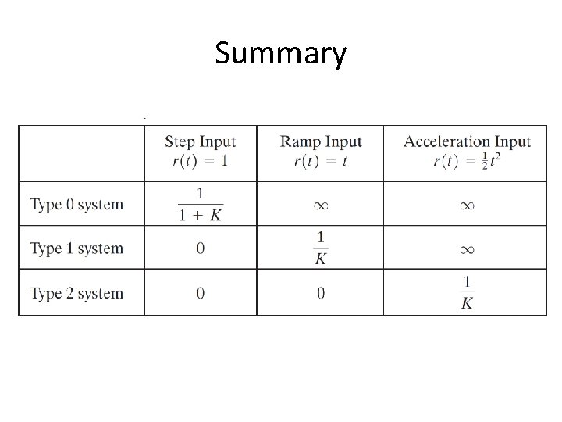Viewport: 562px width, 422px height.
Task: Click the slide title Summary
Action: (280, 55)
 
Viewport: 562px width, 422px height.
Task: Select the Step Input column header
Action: (200, 142)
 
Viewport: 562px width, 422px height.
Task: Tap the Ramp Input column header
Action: (321, 142)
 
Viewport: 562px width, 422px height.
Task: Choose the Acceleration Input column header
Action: (467, 142)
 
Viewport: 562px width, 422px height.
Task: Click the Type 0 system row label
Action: (76, 205)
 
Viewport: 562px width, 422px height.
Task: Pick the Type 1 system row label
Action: (76, 249)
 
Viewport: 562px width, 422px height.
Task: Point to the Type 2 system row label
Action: (76, 294)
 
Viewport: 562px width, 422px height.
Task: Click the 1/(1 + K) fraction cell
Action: (200, 204)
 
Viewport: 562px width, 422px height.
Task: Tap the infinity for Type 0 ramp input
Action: (321, 206)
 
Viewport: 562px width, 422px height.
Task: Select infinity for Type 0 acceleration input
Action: (467, 206)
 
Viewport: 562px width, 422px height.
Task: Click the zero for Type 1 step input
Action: (200, 249)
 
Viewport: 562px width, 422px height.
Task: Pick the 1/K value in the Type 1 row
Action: (321, 249)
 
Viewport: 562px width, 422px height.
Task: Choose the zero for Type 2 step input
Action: (200, 294)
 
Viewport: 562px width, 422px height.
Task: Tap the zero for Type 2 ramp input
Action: (321, 294)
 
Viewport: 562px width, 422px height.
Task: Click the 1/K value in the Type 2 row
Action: (467, 293)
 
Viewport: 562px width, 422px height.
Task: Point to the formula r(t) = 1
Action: (200, 162)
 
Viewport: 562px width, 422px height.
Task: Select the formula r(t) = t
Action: (321, 162)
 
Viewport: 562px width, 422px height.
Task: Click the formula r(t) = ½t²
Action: (467, 162)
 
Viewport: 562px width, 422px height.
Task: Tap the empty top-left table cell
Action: (81, 152)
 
